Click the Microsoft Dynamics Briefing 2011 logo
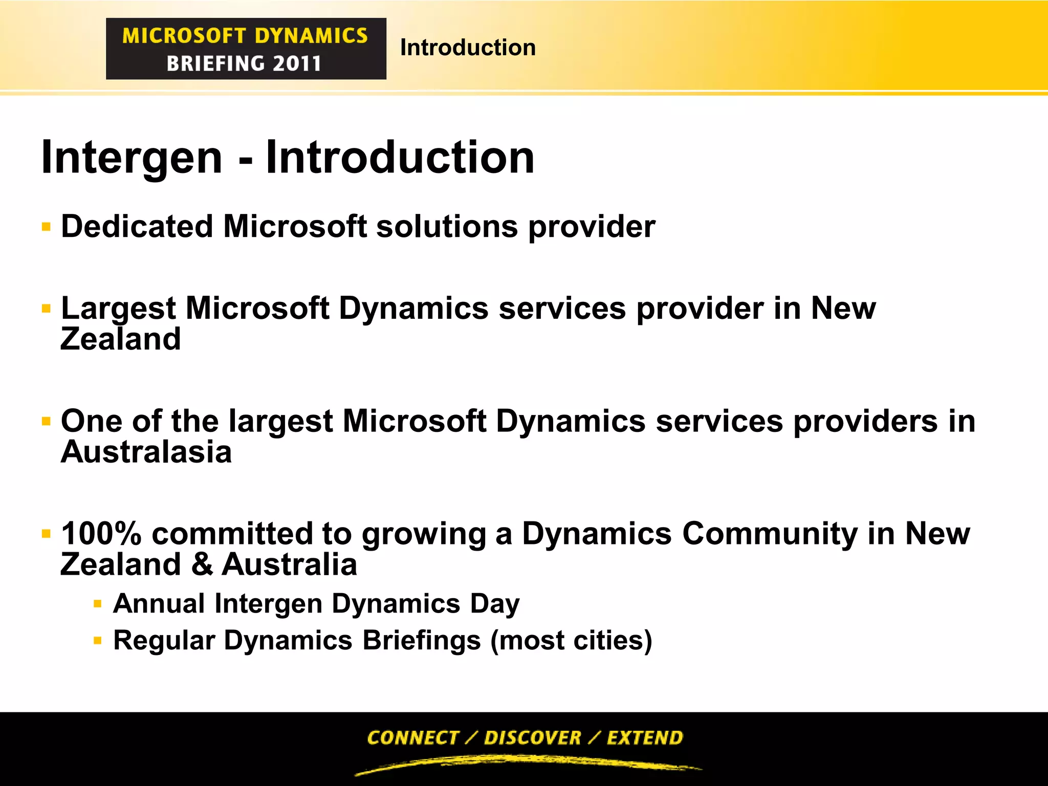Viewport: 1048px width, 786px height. click(x=246, y=49)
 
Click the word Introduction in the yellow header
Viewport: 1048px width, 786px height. click(x=468, y=48)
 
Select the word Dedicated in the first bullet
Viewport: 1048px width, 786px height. click(x=137, y=226)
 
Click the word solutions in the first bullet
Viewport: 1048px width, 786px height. click(x=447, y=226)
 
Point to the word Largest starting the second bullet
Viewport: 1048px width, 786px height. click(x=118, y=309)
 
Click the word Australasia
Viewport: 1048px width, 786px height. click(x=146, y=452)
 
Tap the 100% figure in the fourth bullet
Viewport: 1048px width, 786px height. click(x=101, y=534)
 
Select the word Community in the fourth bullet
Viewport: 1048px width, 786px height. click(x=770, y=534)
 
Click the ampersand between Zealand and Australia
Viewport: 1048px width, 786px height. click(x=202, y=565)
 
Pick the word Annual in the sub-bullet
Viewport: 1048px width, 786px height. click(x=159, y=603)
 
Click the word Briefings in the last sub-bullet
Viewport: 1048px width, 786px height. click(x=422, y=640)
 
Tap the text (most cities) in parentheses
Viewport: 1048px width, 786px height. click(x=571, y=640)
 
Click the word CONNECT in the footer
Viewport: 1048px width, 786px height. click(x=412, y=737)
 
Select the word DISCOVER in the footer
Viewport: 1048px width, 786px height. click(x=532, y=737)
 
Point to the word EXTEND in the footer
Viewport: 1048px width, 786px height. click(x=645, y=737)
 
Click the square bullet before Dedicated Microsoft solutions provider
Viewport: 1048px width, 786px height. click(x=47, y=227)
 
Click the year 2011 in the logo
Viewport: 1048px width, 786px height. click(x=297, y=63)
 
